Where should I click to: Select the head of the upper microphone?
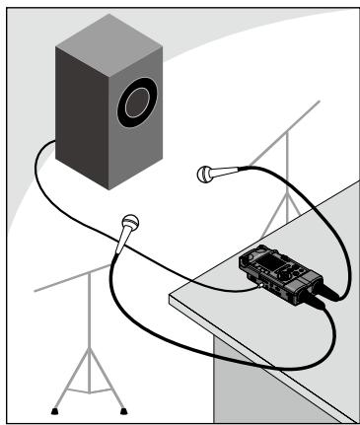tap(204, 176)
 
